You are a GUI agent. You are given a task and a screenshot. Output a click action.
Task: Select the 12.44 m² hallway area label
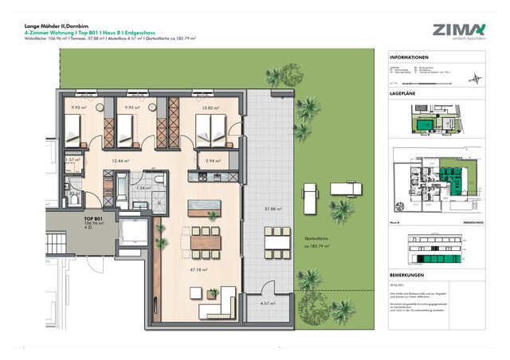pos(120,161)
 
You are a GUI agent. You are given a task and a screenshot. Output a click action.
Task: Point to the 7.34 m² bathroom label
pos(143,189)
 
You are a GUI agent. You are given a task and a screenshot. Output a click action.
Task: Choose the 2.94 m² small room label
pos(211,160)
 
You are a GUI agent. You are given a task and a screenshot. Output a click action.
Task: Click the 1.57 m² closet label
pos(72,160)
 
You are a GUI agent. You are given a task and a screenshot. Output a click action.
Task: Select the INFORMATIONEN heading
pos(411,58)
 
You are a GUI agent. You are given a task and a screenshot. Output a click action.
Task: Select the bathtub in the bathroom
pos(120,190)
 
